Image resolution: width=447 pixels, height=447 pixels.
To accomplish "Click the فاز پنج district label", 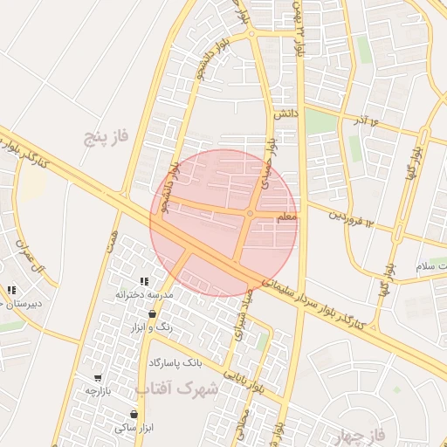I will pos(106,136).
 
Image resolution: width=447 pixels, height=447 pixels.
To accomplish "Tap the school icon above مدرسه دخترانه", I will pos(144,282).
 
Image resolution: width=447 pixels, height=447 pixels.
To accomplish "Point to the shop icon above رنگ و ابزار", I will pos(153,313).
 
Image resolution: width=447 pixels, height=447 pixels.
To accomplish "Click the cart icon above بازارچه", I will pos(98,378).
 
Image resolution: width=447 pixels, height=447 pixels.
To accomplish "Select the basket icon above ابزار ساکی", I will pos(134,414).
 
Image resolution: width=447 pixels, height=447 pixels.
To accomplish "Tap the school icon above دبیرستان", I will pos(11,290).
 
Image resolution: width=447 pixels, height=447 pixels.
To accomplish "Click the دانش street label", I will pos(285,113).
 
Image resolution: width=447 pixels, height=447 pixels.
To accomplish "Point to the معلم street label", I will pos(285,214).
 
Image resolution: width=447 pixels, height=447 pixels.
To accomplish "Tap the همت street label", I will pos(112,242).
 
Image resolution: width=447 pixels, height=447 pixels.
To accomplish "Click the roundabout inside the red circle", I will pos(250,213).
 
